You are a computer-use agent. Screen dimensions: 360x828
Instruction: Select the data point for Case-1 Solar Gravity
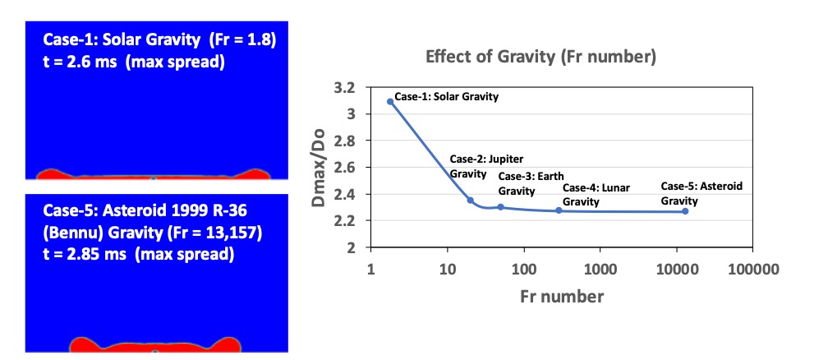tap(389, 102)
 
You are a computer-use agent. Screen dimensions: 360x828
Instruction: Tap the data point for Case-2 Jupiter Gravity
tap(470, 201)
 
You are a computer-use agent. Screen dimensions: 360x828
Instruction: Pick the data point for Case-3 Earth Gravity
tap(500, 207)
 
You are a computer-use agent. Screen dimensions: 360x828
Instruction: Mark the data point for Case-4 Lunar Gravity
tap(559, 210)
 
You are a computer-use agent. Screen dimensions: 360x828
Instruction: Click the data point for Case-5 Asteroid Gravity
tap(685, 211)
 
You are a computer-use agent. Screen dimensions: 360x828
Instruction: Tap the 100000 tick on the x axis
tap(752, 268)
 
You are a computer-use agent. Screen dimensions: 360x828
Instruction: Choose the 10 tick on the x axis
tap(447, 268)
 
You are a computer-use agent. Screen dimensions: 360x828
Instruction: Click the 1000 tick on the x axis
tap(600, 268)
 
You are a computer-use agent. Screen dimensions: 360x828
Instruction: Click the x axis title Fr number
tap(562, 296)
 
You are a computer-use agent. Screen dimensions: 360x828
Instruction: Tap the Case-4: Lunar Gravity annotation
tap(596, 195)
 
